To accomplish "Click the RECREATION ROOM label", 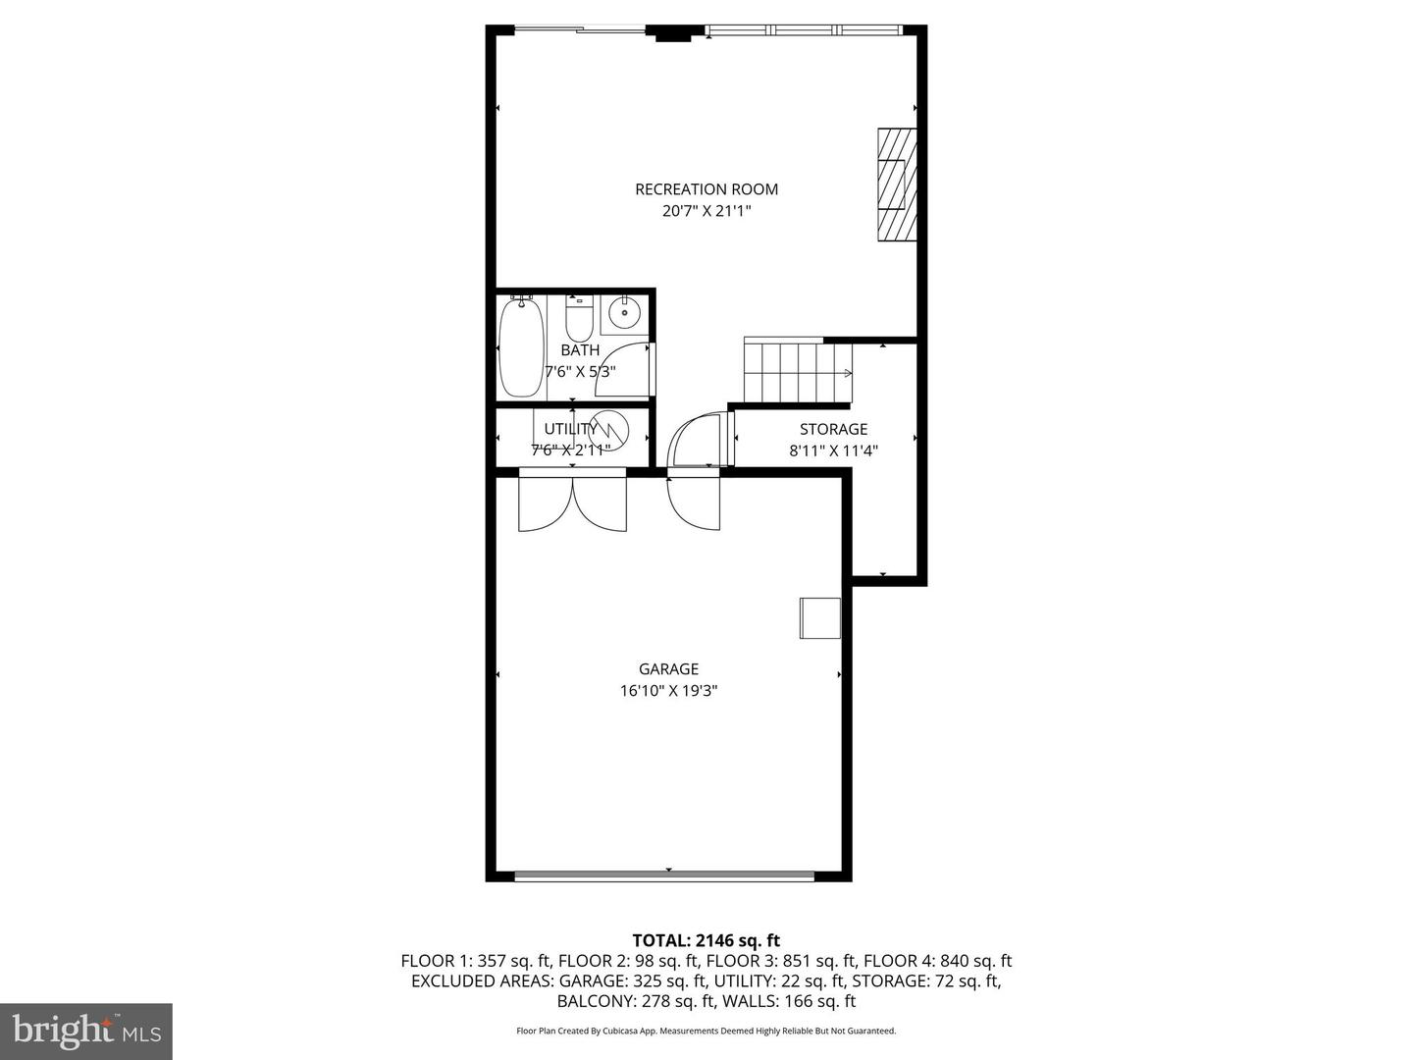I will (x=706, y=189).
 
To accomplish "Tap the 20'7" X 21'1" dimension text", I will (x=706, y=211).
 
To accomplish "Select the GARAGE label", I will (x=668, y=669).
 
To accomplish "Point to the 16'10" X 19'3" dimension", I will (x=668, y=691).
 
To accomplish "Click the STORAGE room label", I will (x=833, y=429).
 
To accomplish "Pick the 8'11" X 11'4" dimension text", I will (x=833, y=451).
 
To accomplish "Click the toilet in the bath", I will (x=579, y=316).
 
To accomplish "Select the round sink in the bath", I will (x=624, y=313).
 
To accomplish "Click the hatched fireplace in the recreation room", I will (x=897, y=185).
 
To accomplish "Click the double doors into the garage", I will (x=572, y=503).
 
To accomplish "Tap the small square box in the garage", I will (x=819, y=618).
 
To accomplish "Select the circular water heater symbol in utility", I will (x=608, y=430).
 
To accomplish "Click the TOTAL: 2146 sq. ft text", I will (x=706, y=941).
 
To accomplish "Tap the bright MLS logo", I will (x=86, y=1031).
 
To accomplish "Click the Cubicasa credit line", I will (x=706, y=1032).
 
